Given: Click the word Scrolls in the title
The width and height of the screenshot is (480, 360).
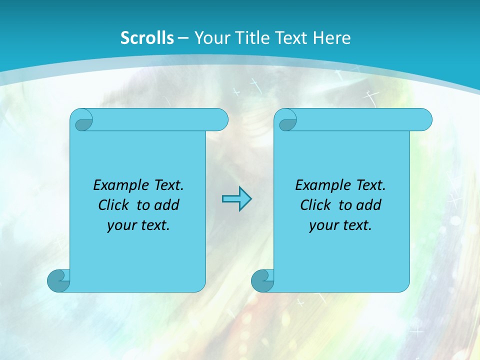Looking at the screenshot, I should click(x=147, y=38).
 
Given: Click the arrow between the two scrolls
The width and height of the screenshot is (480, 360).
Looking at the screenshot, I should click(x=236, y=199).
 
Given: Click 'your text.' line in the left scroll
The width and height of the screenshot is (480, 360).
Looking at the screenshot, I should click(x=138, y=225).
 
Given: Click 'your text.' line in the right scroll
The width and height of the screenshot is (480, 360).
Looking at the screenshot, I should click(x=340, y=225).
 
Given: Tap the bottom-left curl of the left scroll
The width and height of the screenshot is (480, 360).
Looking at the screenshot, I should click(x=58, y=280).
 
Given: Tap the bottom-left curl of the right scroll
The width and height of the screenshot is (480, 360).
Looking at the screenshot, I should click(x=262, y=280).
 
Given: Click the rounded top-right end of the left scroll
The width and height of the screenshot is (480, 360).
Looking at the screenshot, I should click(x=220, y=119).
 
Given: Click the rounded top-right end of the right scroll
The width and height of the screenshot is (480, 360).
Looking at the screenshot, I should click(x=424, y=119).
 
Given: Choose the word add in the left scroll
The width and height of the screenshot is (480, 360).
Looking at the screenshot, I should click(x=168, y=205).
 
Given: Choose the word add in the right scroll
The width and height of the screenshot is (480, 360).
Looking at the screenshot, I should click(x=370, y=205).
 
